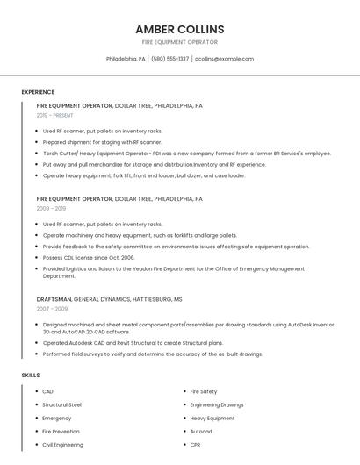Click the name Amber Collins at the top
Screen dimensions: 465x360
click(x=180, y=29)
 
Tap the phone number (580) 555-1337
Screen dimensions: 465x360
click(x=170, y=59)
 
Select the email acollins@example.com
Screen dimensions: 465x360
click(x=224, y=59)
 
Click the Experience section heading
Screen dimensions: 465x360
click(x=38, y=92)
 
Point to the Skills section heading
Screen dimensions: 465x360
click(x=31, y=375)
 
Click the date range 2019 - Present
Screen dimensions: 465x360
click(x=54, y=115)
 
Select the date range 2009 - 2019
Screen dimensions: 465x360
click(x=51, y=208)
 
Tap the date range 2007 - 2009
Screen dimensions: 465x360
click(x=51, y=309)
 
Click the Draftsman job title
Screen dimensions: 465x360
click(x=54, y=299)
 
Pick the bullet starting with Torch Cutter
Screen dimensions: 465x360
click(x=186, y=153)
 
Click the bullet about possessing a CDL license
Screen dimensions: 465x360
click(x=89, y=258)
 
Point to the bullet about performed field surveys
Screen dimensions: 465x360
click(x=153, y=354)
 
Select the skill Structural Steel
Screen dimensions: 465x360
click(x=61, y=405)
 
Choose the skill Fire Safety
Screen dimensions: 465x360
click(x=204, y=391)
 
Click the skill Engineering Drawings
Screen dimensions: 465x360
click(x=217, y=405)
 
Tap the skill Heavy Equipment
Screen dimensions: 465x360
click(x=212, y=418)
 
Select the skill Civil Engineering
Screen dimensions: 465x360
click(x=62, y=445)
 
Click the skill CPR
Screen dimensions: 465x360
click(x=196, y=445)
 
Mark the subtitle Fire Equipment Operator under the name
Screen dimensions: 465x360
click(x=180, y=42)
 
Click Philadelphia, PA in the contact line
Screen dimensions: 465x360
click(x=126, y=59)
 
